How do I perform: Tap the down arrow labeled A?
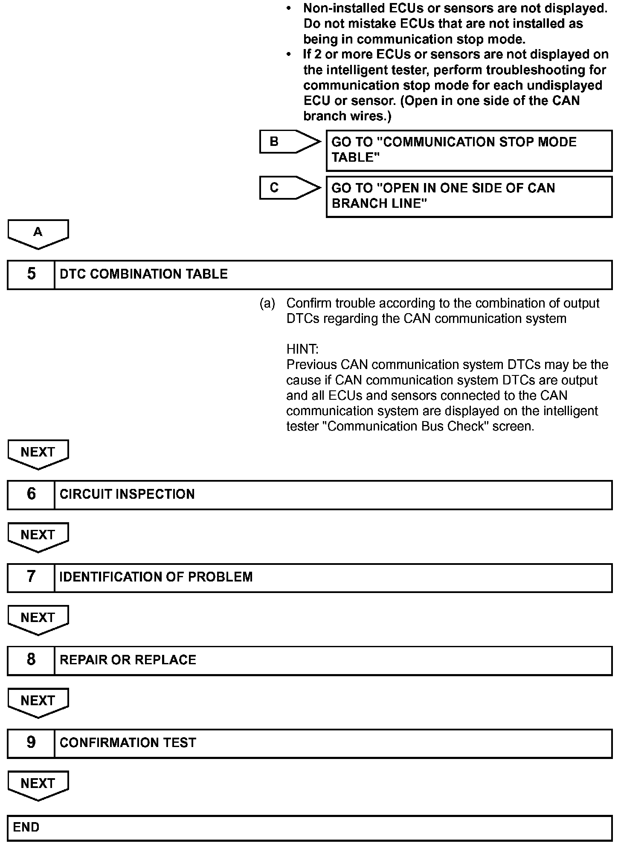pos(38,233)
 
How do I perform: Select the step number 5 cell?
pos(31,274)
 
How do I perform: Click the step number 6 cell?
pos(31,494)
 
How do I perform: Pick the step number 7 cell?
pos(31,577)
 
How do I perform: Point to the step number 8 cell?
pos(31,660)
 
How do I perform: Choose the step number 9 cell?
pos(31,743)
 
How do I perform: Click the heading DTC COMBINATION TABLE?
pos(144,274)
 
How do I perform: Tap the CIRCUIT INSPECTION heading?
pos(127,494)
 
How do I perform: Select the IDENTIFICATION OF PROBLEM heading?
pos(156,577)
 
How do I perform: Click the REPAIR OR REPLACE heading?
pos(128,660)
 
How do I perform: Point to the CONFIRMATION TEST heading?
pos(128,743)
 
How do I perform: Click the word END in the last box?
pos(26,827)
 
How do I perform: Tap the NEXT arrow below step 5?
pos(38,454)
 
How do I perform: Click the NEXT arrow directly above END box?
pos(38,785)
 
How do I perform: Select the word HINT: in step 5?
pos(302,349)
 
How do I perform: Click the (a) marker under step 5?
pos(267,303)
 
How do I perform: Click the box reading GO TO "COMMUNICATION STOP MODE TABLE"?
pos(469,150)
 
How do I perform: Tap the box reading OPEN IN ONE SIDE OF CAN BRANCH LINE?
pos(469,196)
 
